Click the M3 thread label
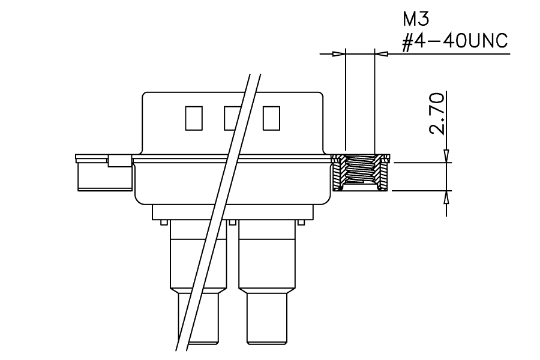click(x=416, y=19)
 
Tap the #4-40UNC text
click(x=455, y=41)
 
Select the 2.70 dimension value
click(x=437, y=113)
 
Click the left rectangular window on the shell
click(x=194, y=118)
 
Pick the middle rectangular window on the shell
click(x=232, y=118)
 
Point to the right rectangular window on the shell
click(x=271, y=118)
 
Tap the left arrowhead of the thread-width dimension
click(x=338, y=54)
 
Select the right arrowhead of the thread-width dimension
click(x=380, y=54)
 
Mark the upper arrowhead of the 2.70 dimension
click(x=446, y=156)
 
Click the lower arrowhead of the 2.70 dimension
click(x=446, y=197)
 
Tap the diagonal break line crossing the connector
click(x=218, y=212)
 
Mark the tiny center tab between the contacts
click(x=233, y=223)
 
